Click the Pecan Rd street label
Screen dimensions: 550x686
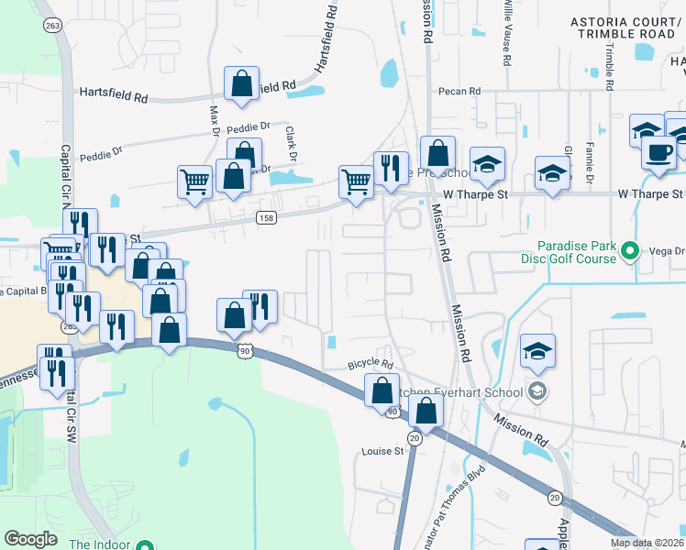point(460,92)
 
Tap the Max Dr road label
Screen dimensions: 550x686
point(215,120)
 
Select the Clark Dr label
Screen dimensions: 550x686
point(289,143)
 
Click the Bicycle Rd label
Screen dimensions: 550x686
point(370,364)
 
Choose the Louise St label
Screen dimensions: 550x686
point(382,451)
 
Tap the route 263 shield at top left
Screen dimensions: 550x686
point(53,26)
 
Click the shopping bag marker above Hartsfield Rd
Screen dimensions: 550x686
point(241,84)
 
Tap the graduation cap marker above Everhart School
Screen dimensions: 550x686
point(537,351)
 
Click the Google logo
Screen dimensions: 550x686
point(31,539)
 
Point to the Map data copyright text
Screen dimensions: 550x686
point(647,543)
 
